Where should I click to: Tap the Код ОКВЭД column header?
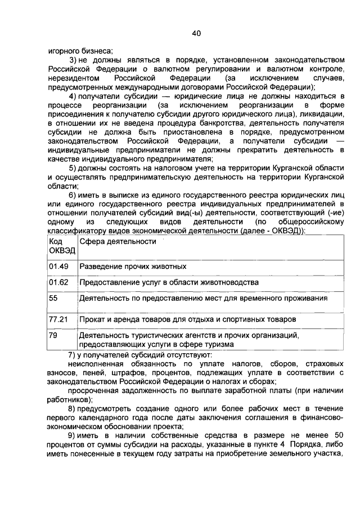[x=58, y=245]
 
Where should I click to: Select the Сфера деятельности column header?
[x=118, y=241]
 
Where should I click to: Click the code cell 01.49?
[x=58, y=266]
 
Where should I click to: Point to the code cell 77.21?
[x=58, y=319]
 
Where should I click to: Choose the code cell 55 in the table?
[x=53, y=298]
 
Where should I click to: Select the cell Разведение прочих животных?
[x=133, y=266]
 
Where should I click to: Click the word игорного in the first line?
[x=64, y=50]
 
